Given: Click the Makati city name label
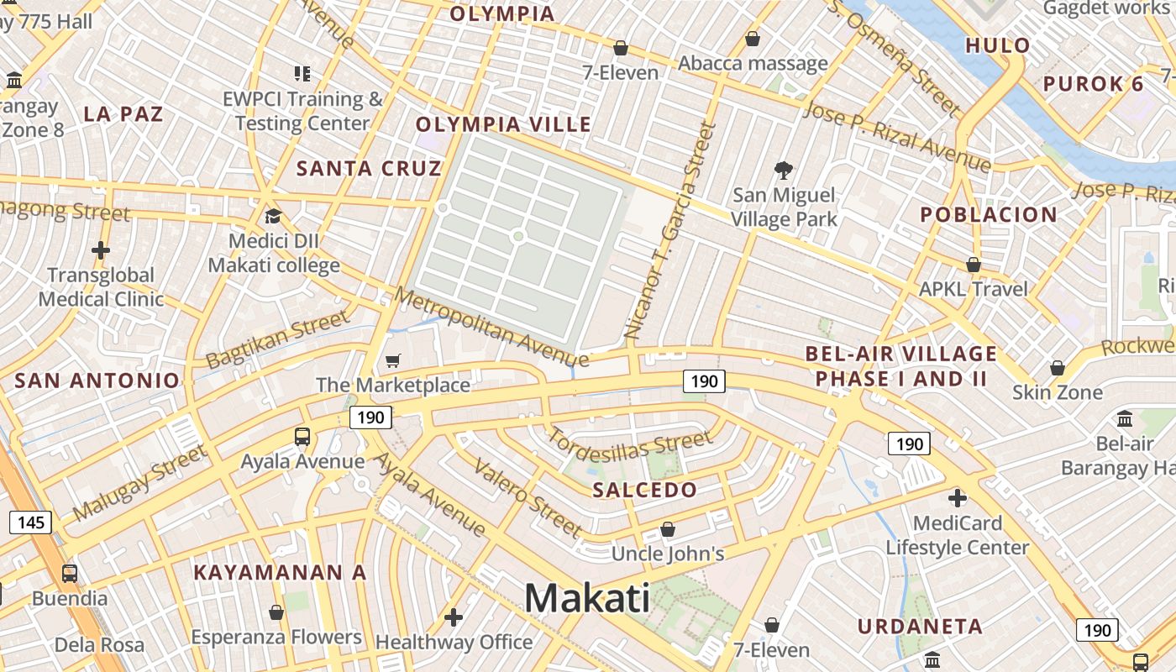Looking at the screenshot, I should click(587, 598).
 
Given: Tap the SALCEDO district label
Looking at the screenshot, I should click(645, 490).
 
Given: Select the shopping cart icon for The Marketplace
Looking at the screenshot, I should click(392, 361).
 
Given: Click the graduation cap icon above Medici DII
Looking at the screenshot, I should click(273, 217).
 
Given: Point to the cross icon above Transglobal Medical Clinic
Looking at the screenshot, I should click(101, 250).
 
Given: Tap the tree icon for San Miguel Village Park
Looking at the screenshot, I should click(784, 171).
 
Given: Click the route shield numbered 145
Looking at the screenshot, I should click(30, 522).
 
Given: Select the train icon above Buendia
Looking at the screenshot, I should click(70, 574).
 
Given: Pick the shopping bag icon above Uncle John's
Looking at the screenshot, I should click(668, 529).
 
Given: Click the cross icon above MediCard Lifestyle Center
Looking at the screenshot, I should click(957, 498).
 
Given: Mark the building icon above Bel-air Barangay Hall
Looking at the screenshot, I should click(1125, 417).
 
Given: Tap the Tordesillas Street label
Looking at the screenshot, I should click(630, 446).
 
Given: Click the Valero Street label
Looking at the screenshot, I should click(528, 497).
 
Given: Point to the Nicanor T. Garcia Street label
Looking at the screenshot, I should click(671, 231).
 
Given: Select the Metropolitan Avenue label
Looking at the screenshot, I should click(491, 328).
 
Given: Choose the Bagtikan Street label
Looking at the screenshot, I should click(277, 339).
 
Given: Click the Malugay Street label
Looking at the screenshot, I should click(139, 482).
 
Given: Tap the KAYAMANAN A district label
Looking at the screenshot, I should click(281, 573).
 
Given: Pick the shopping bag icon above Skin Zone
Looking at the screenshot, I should click(1058, 368).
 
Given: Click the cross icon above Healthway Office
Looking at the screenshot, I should click(454, 617).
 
